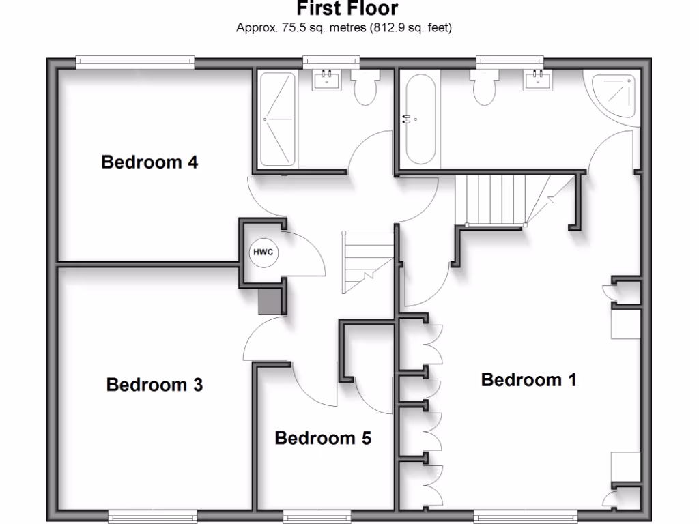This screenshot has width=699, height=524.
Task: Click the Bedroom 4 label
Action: pyautogui.click(x=149, y=162)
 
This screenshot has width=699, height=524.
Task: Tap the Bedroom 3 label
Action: pyautogui.click(x=154, y=385)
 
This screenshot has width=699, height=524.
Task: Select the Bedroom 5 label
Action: pyautogui.click(x=323, y=438)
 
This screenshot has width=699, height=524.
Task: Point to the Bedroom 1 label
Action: pyautogui.click(x=528, y=380)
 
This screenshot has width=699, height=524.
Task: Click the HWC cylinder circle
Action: pyautogui.click(x=263, y=252)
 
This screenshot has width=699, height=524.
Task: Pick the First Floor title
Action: pyautogui.click(x=347, y=10)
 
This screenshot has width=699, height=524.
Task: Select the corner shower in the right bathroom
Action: pyautogui.click(x=614, y=96)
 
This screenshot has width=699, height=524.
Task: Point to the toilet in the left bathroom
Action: pyautogui.click(x=366, y=89)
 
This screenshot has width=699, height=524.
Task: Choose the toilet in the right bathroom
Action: pyautogui.click(x=485, y=89)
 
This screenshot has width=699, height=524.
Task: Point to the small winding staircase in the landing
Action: pyautogui.click(x=368, y=261)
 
